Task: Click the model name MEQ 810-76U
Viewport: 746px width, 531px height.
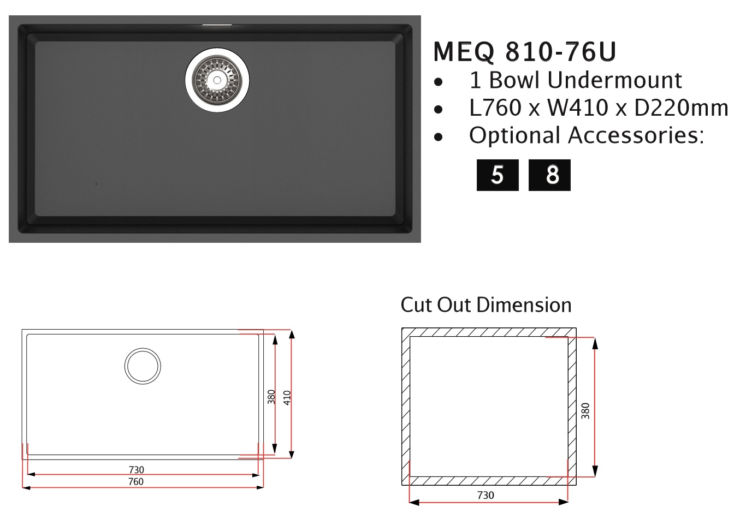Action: coord(524,52)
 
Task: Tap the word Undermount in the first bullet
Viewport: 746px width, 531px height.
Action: coord(614,80)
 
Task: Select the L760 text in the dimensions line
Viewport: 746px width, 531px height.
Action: coord(495,108)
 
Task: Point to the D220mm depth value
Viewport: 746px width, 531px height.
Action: coord(681,108)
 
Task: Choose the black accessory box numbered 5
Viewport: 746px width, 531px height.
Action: coord(498,175)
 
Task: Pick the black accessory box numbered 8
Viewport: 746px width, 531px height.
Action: coord(549,175)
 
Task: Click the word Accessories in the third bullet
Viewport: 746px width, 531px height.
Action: coord(636,135)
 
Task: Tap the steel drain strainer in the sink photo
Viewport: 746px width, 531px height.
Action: coord(217,80)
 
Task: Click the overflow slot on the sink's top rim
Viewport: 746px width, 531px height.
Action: coord(217,25)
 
